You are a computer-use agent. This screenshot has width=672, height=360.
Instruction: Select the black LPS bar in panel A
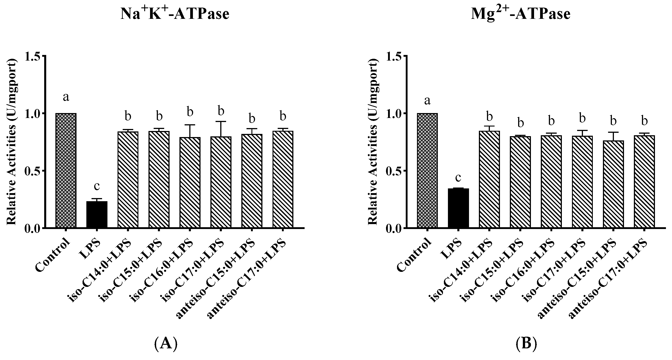point(97,214)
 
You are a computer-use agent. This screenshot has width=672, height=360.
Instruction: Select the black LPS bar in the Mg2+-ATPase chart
point(458,208)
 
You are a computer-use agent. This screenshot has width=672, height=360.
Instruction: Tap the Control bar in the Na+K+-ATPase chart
point(66,171)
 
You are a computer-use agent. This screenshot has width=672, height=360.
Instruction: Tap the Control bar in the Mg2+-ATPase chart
point(427,171)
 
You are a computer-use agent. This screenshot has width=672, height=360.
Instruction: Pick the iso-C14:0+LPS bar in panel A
point(128,180)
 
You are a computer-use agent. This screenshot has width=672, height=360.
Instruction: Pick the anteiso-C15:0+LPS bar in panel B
point(613,184)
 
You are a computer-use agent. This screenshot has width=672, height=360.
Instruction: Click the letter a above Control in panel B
point(427,100)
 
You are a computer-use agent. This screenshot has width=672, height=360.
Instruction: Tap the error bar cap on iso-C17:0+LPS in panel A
point(221,122)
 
